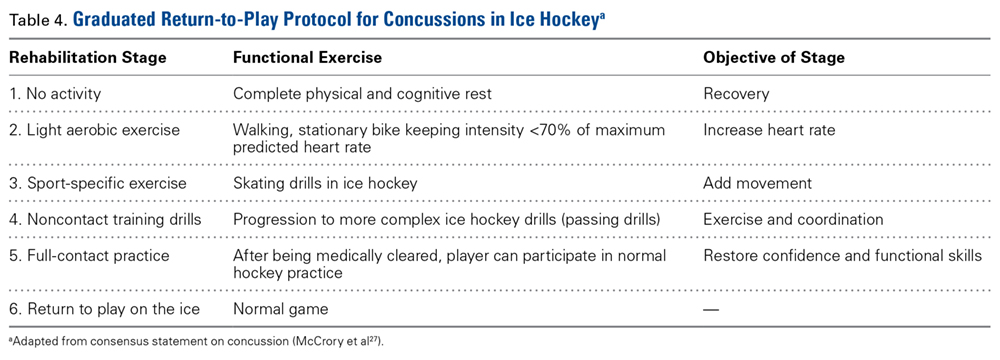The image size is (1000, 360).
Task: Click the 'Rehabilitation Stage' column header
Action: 87,57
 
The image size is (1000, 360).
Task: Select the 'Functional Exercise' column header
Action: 307,57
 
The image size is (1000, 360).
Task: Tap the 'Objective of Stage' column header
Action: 774,57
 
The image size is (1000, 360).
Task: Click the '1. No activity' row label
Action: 55,94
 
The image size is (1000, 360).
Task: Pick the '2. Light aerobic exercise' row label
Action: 94,130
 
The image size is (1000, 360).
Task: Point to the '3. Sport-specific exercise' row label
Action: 98,184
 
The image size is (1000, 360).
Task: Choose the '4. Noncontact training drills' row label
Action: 105,220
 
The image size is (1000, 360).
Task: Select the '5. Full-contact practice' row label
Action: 89,256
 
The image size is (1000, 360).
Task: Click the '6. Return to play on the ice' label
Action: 105,310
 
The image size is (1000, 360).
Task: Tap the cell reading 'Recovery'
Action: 736,94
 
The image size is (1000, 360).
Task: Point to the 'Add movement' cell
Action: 757,184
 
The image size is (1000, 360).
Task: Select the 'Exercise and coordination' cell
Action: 793,220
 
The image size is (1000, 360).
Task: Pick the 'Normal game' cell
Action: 280,310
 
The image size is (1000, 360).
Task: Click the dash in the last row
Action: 710,310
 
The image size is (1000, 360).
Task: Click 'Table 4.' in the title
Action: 37,20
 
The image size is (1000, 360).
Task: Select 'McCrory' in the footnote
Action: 321,342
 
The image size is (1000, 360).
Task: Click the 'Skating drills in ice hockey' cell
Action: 325,184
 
